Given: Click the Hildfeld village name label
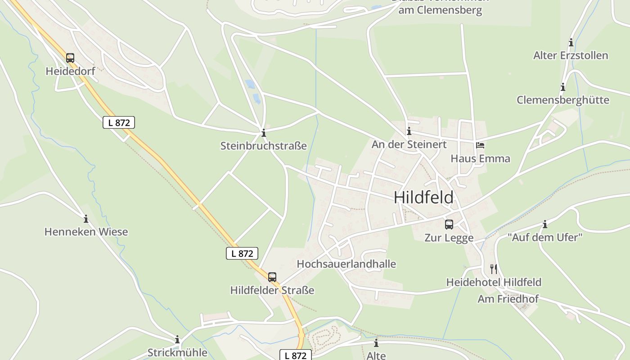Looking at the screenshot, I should click(x=423, y=198).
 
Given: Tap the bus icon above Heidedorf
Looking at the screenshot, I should click(x=70, y=58).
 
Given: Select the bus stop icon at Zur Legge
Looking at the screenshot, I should click(x=449, y=225).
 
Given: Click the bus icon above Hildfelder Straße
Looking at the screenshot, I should click(x=272, y=277).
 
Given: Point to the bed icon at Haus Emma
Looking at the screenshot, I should click(x=480, y=145).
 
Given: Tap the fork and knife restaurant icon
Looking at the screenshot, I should click(x=494, y=269).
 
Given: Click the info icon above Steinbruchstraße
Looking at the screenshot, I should click(x=264, y=133).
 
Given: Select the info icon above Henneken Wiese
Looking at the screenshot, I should click(x=86, y=219).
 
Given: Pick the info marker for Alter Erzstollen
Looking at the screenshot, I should click(x=571, y=43).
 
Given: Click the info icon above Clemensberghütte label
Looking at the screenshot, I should click(x=562, y=87).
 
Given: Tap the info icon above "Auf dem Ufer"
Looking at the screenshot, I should click(x=545, y=224).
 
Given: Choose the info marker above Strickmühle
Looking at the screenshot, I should click(x=177, y=339).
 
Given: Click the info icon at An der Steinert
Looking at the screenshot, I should click(x=409, y=131).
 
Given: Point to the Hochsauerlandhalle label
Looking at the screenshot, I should click(x=346, y=264).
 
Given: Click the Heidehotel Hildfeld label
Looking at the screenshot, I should click(x=494, y=283).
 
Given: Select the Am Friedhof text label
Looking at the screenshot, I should click(x=508, y=299).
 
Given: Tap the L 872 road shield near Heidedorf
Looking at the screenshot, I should click(x=119, y=122).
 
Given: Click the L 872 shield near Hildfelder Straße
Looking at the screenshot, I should click(x=242, y=253).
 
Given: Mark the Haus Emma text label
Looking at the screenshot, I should click(x=481, y=159).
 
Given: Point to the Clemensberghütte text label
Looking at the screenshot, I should click(x=562, y=100).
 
